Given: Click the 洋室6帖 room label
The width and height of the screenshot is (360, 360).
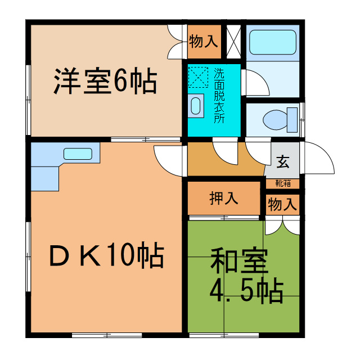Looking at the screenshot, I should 105,82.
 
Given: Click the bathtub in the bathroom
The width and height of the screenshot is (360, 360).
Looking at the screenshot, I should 272,41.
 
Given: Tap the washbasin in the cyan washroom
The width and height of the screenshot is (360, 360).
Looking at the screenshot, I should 196,105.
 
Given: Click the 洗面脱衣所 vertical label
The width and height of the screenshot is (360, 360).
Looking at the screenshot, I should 218,96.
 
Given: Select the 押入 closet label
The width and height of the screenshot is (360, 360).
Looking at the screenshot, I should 223,199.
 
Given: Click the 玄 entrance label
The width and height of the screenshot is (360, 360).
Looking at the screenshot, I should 283,163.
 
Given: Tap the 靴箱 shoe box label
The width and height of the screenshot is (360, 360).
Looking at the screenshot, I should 282,183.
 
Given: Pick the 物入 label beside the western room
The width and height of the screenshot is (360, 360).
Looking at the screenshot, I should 203,42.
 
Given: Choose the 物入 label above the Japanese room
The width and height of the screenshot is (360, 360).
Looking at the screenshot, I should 282,204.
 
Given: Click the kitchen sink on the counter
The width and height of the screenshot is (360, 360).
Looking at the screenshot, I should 78,154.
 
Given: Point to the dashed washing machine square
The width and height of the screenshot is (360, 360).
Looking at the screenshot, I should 197,78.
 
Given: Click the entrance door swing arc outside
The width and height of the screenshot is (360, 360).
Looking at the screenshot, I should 319,157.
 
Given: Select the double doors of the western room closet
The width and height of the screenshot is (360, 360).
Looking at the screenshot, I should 177,42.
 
